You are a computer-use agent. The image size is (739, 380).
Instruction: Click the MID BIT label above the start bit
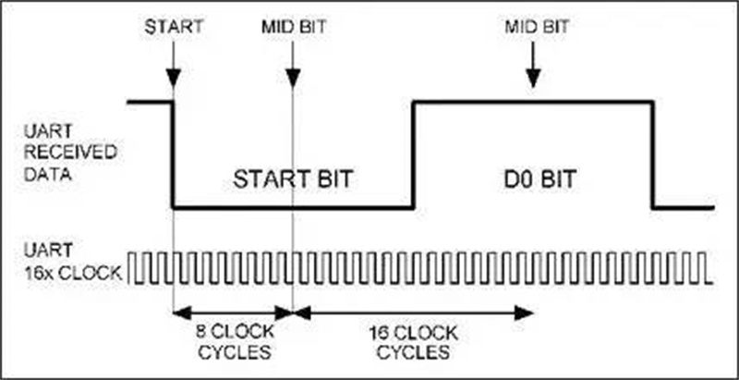point(294,26)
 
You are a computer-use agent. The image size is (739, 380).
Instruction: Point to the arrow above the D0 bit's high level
point(533,72)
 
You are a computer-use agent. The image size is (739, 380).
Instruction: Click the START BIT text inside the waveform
point(293,178)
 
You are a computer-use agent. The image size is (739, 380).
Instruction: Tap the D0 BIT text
point(535,178)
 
